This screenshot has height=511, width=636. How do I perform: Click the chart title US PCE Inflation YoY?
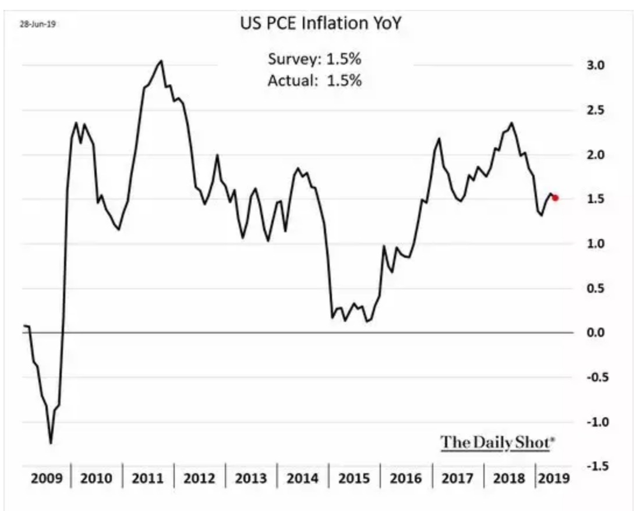click(320, 23)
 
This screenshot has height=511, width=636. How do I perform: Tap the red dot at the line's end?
click(555, 198)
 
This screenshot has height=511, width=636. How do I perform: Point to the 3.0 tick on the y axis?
click(595, 65)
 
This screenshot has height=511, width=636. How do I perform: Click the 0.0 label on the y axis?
click(595, 332)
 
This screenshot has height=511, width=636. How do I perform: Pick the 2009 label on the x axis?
click(47, 478)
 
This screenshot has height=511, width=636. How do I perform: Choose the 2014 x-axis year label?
click(302, 478)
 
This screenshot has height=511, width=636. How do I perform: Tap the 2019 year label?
click(554, 478)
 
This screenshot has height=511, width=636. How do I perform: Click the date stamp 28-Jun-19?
click(38, 24)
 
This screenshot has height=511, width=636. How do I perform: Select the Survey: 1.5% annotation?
click(315, 59)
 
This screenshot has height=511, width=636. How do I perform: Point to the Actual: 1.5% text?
click(315, 81)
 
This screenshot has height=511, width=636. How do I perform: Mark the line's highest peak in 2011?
click(161, 61)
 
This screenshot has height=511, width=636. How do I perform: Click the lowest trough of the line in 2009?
click(51, 443)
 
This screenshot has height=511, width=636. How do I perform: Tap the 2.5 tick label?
click(595, 110)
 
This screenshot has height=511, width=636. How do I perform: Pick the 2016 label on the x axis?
click(405, 478)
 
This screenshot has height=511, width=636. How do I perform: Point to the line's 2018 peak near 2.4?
click(511, 123)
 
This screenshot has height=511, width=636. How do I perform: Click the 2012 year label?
click(199, 478)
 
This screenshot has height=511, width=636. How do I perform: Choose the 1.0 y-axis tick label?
click(595, 243)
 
